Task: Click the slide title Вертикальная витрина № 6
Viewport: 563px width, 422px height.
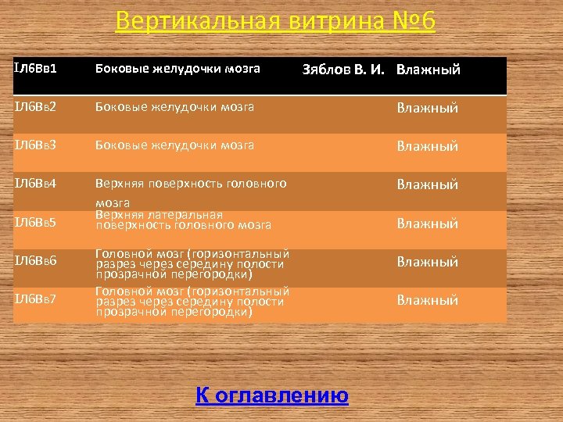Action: (274, 21)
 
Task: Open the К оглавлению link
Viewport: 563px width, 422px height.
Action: (271, 395)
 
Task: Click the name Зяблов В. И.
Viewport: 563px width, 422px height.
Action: (343, 70)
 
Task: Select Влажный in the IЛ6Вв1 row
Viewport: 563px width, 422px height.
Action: (428, 70)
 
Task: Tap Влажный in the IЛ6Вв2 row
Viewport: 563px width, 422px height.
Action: (427, 108)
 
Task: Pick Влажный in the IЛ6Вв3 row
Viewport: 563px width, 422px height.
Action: (427, 146)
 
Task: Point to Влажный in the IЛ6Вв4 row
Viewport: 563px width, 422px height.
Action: (427, 184)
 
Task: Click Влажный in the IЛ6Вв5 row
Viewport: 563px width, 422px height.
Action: (427, 224)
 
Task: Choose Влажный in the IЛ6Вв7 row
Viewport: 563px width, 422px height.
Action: (427, 300)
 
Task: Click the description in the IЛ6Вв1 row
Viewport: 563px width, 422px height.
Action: (178, 69)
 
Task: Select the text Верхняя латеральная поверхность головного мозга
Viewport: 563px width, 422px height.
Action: (183, 220)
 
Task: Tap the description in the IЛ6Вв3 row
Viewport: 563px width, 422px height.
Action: (174, 145)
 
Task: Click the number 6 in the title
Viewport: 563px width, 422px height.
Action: (426, 21)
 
